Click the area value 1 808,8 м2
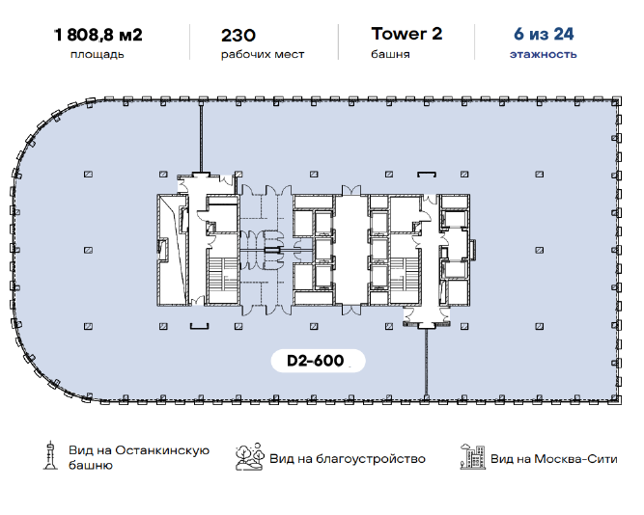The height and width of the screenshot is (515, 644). (98, 35)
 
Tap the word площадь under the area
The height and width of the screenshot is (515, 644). (98, 54)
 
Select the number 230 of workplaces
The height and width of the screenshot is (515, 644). (238, 36)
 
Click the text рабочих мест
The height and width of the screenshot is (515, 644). (263, 54)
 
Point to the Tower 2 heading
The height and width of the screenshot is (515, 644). (406, 34)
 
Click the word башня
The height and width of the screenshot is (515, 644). (390, 54)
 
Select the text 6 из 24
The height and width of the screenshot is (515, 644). (544, 34)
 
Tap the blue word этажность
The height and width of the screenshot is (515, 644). (543, 54)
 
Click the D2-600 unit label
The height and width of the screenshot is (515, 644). (316, 361)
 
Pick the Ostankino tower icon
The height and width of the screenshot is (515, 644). (50, 455)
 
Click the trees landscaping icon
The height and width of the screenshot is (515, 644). (250, 456)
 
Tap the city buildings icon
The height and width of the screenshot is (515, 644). (472, 457)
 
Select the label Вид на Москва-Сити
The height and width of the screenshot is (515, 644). (553, 459)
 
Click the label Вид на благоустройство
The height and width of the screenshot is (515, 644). (348, 459)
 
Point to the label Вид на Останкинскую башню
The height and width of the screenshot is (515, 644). (139, 457)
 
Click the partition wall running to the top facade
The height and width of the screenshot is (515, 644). (201, 138)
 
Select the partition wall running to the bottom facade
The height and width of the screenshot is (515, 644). (426, 363)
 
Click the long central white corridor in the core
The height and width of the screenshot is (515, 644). (351, 250)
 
